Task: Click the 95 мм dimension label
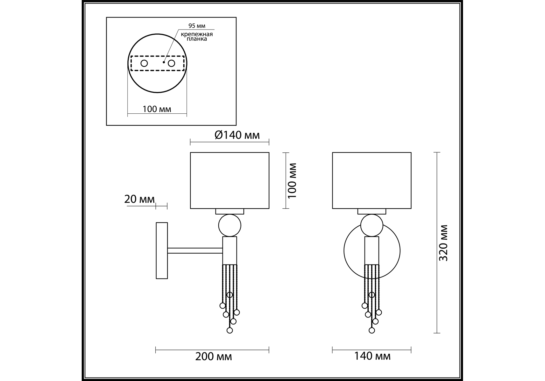click(197, 26)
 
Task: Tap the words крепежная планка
click(197, 37)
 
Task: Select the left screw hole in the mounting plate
click(144, 63)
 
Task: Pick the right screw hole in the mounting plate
click(172, 63)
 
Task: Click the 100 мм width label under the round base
click(157, 109)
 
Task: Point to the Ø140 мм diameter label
click(237, 135)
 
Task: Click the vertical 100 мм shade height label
click(292, 181)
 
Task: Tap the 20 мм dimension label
click(139, 199)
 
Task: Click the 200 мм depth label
click(214, 357)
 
